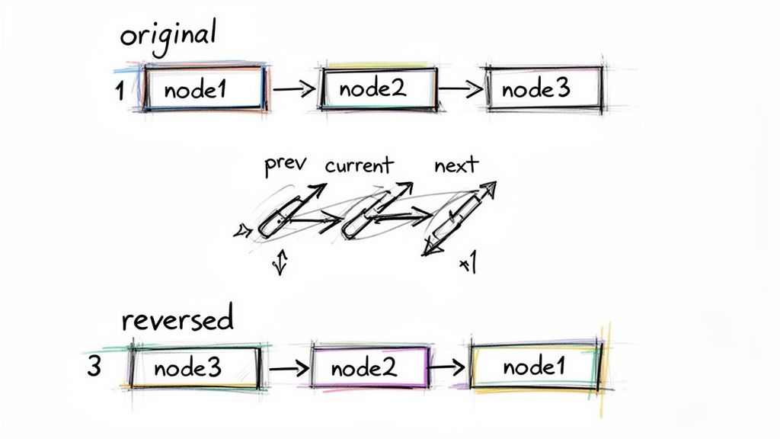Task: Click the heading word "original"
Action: [x=168, y=36]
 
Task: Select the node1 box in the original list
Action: [x=204, y=90]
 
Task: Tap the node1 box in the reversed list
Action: [x=535, y=367]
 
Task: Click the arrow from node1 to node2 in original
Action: [x=293, y=89]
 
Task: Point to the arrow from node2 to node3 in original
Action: [x=460, y=88]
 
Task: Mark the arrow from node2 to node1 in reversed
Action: [x=447, y=367]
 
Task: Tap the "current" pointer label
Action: [x=358, y=165]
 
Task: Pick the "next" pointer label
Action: [x=456, y=165]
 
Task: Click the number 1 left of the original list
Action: [x=119, y=91]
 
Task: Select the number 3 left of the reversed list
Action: [x=94, y=367]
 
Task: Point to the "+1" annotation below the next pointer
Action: [x=468, y=264]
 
